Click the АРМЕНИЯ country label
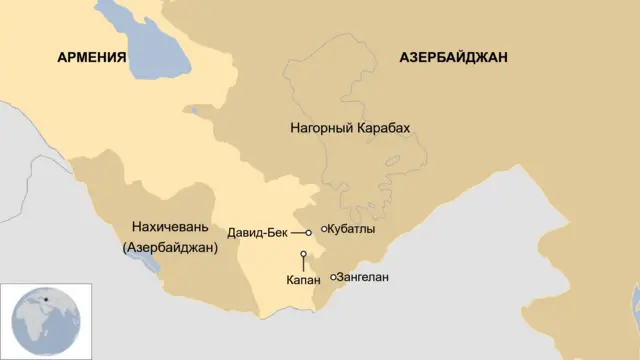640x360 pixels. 91,58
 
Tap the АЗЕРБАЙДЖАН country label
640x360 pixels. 453,58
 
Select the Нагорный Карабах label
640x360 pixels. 350,129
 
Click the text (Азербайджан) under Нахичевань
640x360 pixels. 169,246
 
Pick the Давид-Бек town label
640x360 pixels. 258,232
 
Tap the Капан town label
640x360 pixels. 302,281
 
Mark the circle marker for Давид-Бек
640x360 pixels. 309,232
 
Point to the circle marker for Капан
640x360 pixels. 302,254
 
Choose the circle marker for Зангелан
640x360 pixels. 333,277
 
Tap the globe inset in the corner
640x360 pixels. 46,320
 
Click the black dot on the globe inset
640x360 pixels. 45,297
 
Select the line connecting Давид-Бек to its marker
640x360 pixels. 297,232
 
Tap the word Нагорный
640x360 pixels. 319,129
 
